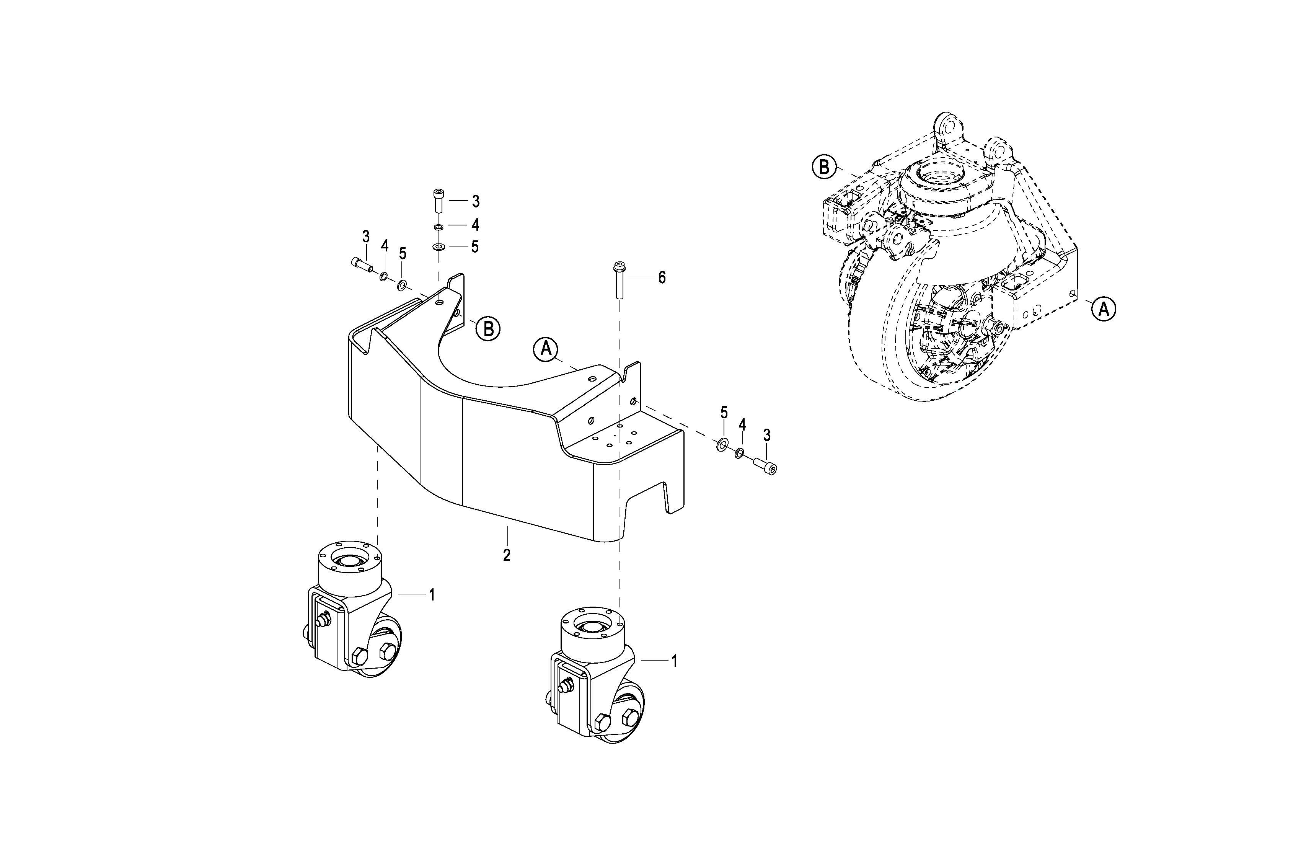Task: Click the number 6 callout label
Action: (x=662, y=278)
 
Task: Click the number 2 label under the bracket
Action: (x=507, y=555)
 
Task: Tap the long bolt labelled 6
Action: (x=620, y=280)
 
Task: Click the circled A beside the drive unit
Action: (x=1104, y=310)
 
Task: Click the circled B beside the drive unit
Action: (x=824, y=167)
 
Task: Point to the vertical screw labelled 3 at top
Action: (x=439, y=201)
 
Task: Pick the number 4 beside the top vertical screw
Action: (x=475, y=225)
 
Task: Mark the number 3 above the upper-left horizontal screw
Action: (x=366, y=237)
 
